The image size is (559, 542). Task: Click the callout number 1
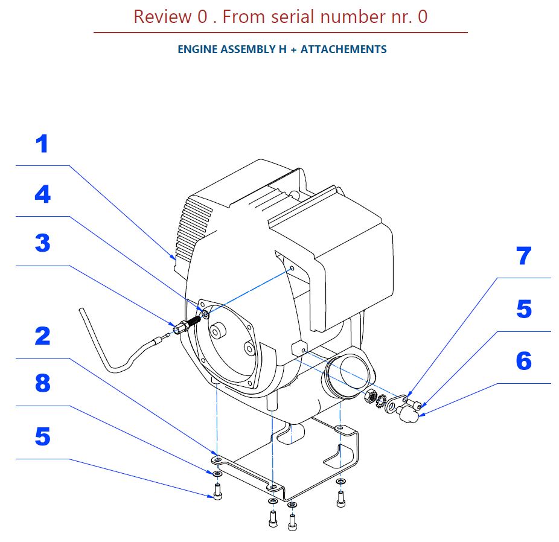click(41, 145)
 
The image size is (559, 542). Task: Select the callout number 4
click(42, 195)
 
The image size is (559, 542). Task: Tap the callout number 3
click(42, 244)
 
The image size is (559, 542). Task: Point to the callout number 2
click(42, 336)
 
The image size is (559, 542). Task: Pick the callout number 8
click(42, 383)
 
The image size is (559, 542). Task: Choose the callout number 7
click(523, 257)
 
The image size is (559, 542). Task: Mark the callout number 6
click(523, 362)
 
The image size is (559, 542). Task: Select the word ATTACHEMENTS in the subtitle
click(343, 49)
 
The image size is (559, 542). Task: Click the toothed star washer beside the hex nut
click(381, 400)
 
